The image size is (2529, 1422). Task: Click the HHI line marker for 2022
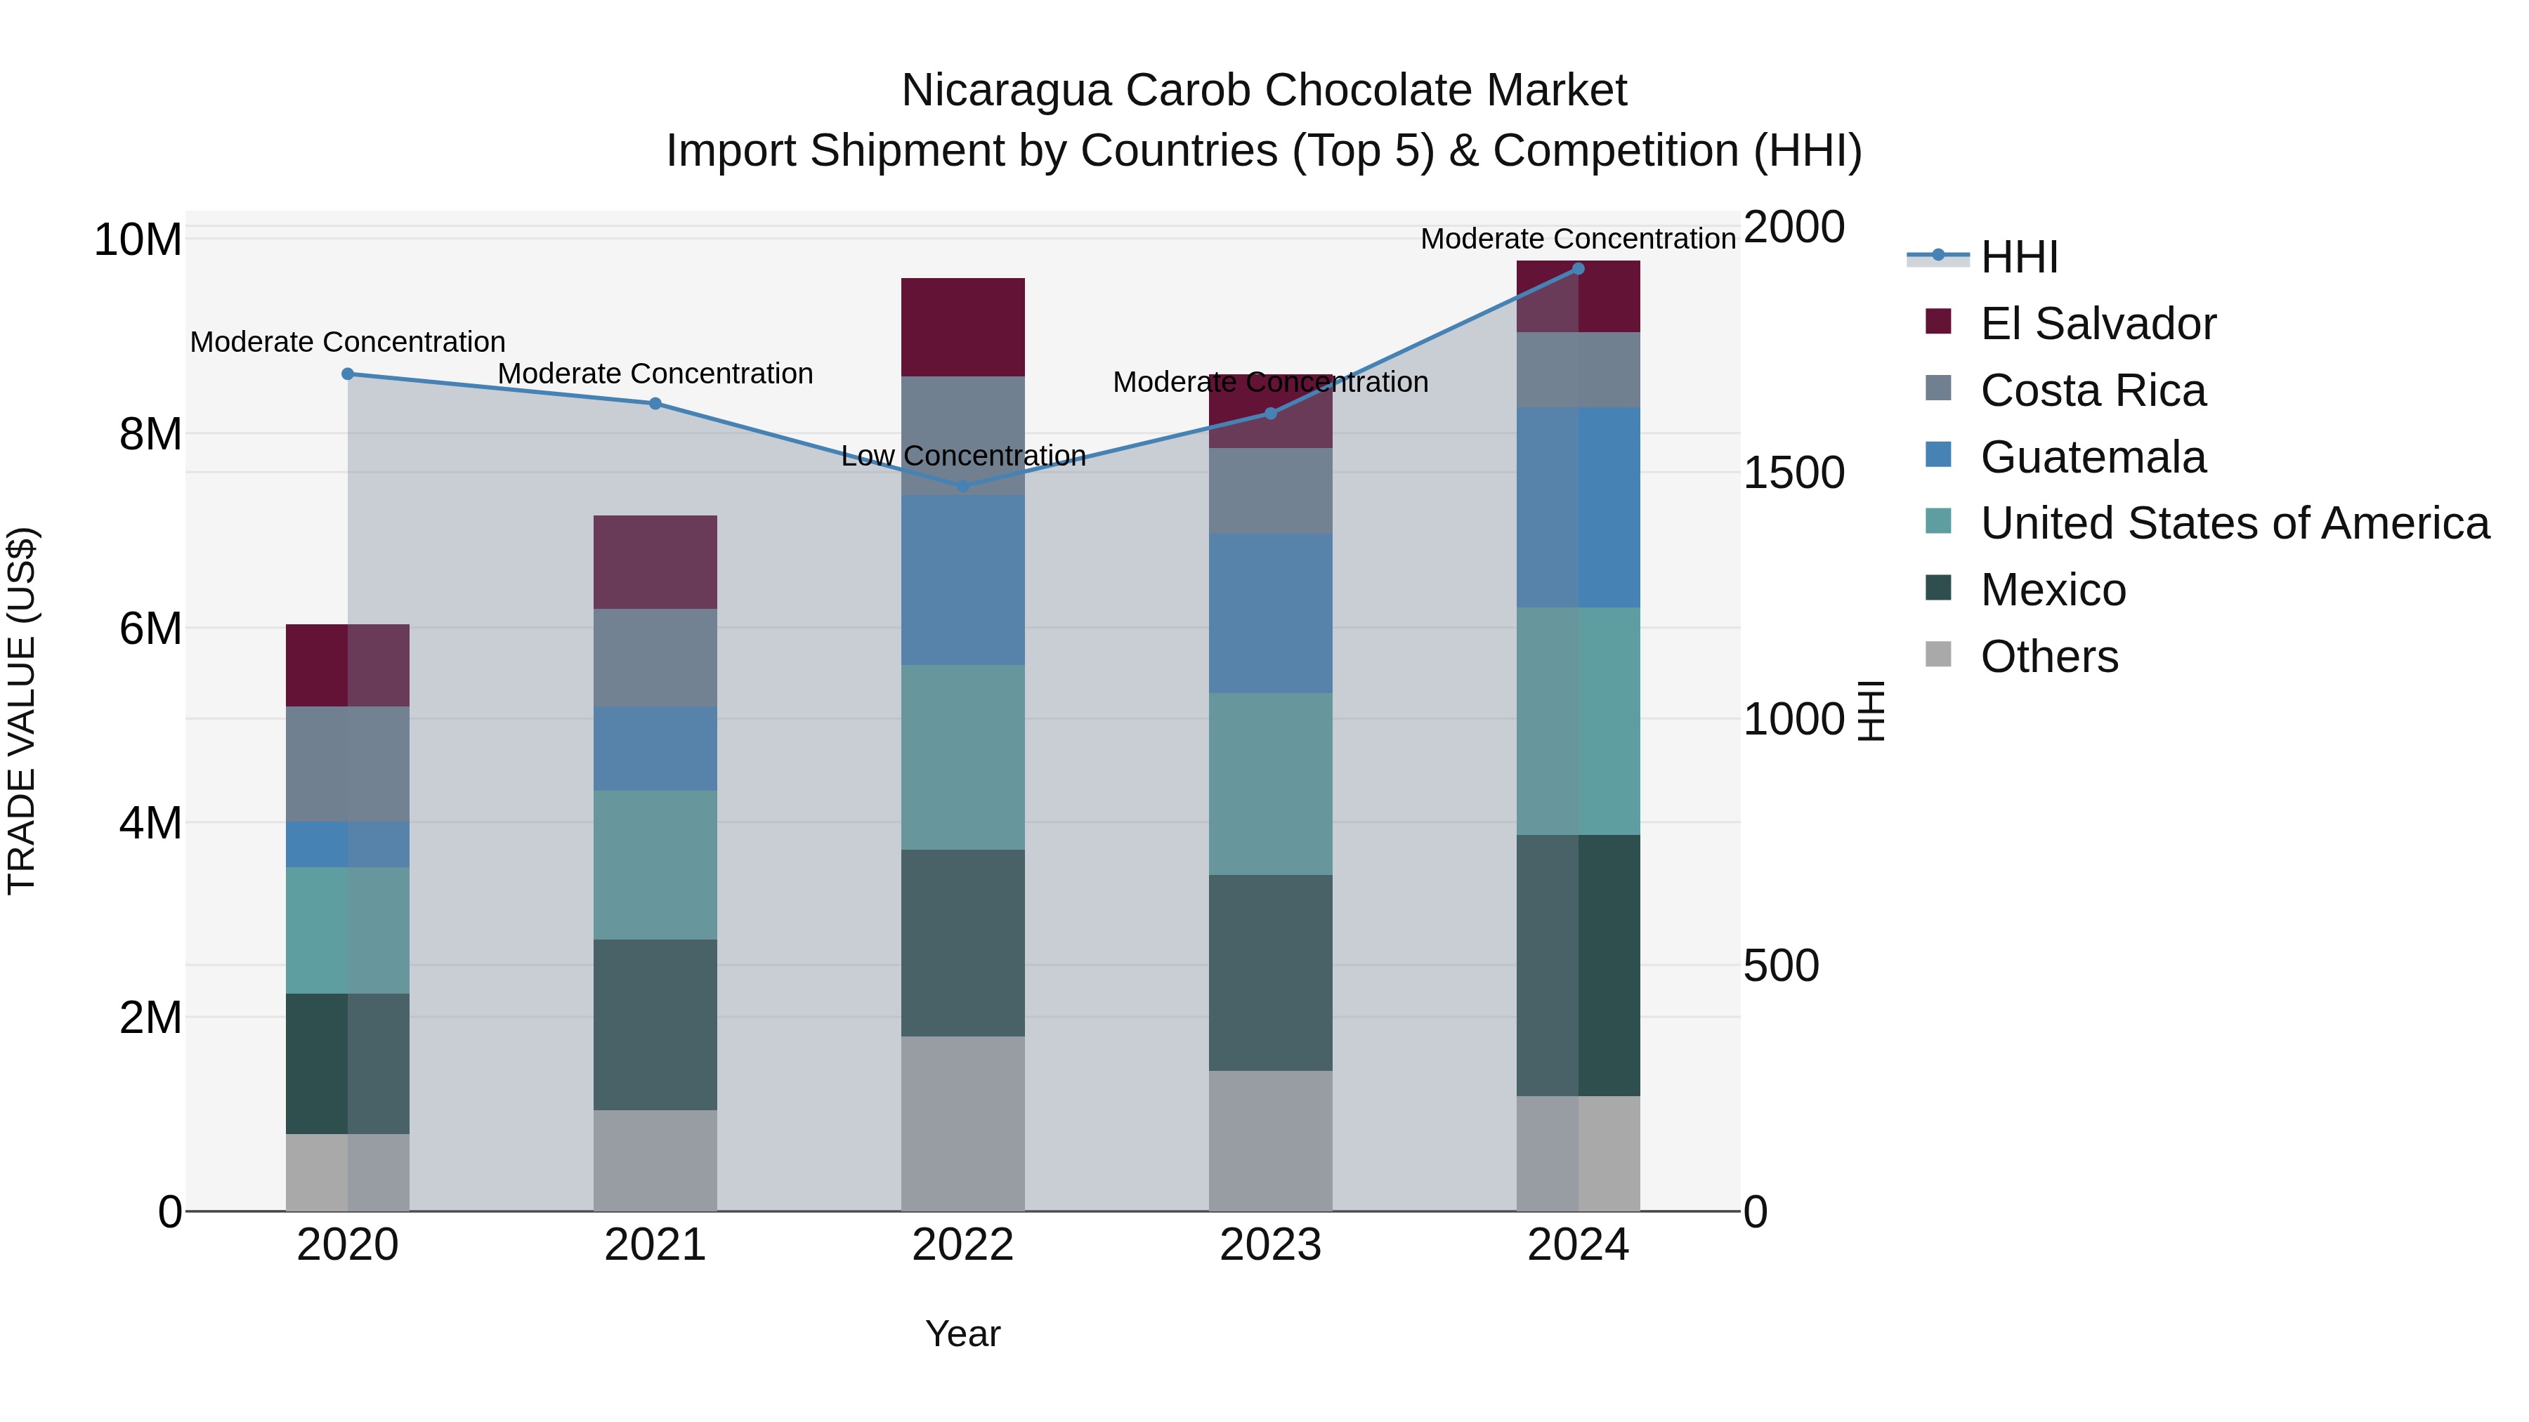[962, 486]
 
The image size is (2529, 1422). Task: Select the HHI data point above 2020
[348, 374]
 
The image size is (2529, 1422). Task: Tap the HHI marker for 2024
[1578, 269]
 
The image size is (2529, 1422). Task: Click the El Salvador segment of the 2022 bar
[962, 327]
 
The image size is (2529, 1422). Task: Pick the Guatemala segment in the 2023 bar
[1270, 613]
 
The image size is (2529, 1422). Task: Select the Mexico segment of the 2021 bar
[655, 1025]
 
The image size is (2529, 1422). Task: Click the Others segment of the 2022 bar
[962, 1124]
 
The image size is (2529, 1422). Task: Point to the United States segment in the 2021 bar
[655, 864]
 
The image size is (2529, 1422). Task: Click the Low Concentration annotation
[963, 456]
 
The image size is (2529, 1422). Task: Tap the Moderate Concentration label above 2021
[655, 374]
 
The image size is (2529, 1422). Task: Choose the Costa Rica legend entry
[2092, 390]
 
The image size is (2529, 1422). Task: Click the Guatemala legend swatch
[1938, 455]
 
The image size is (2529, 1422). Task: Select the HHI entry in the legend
[2018, 257]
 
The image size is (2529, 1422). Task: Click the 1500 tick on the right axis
[1793, 473]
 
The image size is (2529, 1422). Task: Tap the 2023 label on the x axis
[1270, 1245]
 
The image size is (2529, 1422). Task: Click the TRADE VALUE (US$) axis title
[22, 711]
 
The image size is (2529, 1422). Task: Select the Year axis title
[962, 1334]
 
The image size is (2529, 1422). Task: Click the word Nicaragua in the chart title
[1005, 91]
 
